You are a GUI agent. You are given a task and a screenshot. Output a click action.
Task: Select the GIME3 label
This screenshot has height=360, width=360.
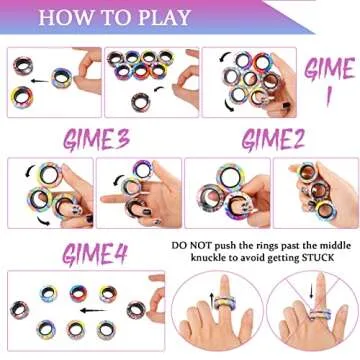[96, 137]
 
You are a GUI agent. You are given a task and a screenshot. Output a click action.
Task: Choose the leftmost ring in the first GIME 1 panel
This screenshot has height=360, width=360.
[22, 70]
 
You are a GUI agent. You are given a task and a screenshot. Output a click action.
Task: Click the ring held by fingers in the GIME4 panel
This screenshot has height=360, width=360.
[136, 309]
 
